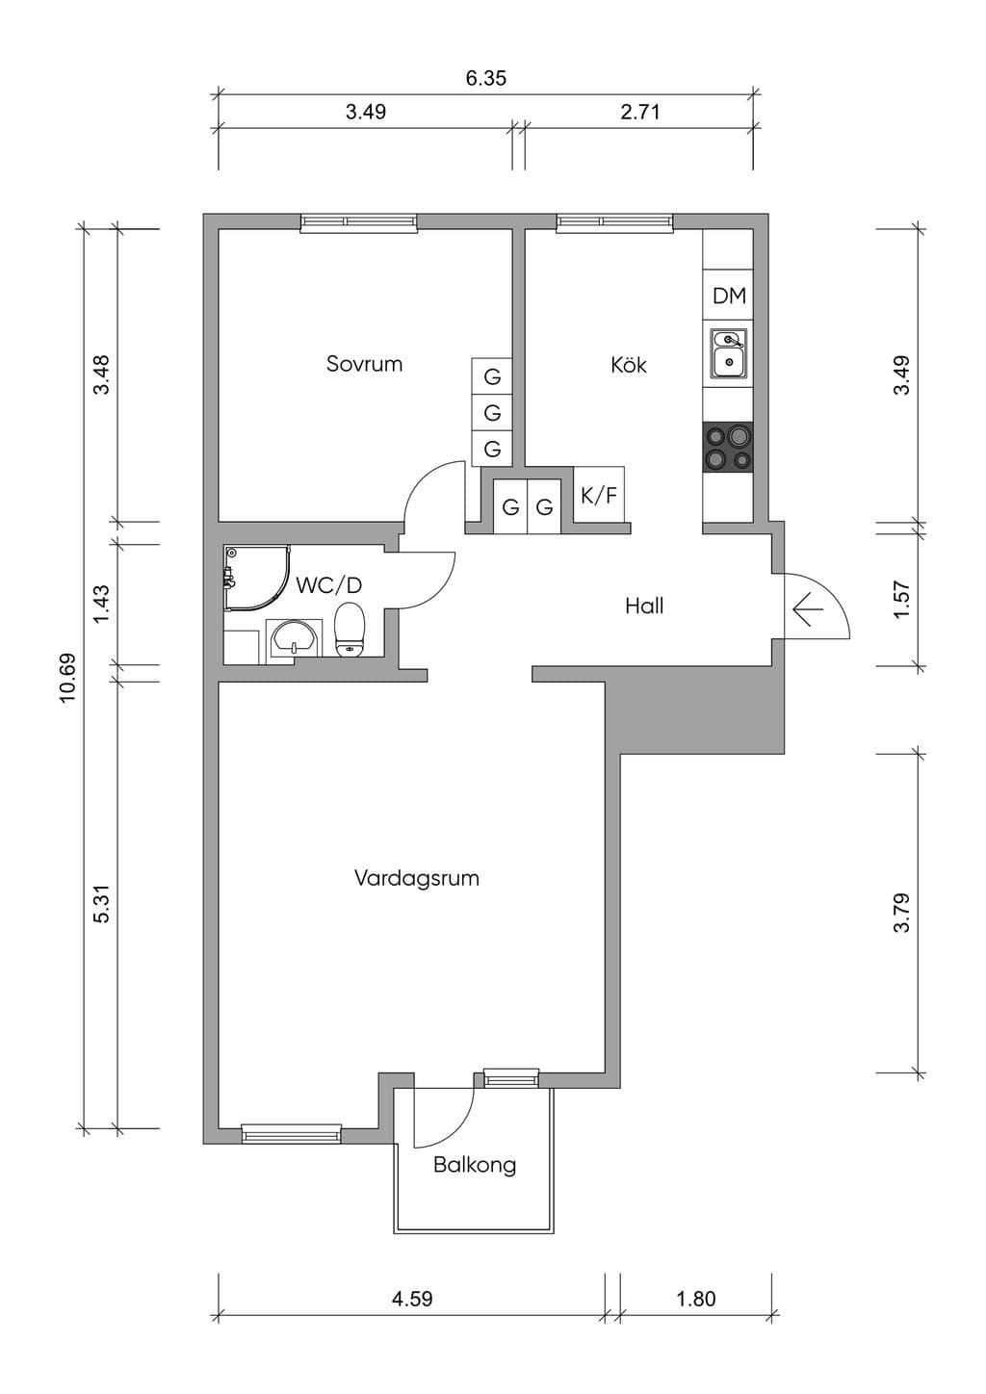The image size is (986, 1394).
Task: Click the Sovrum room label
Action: [364, 364]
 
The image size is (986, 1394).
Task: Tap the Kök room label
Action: [628, 364]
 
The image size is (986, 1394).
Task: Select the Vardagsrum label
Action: [416, 878]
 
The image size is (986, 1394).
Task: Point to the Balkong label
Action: [475, 1164]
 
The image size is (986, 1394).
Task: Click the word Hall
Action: [644, 606]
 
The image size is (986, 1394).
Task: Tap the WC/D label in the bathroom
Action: [328, 585]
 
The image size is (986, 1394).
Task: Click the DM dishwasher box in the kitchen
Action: [728, 296]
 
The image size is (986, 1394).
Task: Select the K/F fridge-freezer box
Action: [599, 495]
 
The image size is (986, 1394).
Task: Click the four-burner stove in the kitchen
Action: [728, 446]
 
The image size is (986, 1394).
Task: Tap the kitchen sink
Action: [728, 353]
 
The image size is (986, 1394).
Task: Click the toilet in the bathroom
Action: [350, 629]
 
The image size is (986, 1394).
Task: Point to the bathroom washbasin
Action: [294, 639]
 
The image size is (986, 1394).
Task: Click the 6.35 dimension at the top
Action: [486, 78]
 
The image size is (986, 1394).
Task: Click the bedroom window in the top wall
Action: [358, 222]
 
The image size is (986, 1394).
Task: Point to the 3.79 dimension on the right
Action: [902, 913]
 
